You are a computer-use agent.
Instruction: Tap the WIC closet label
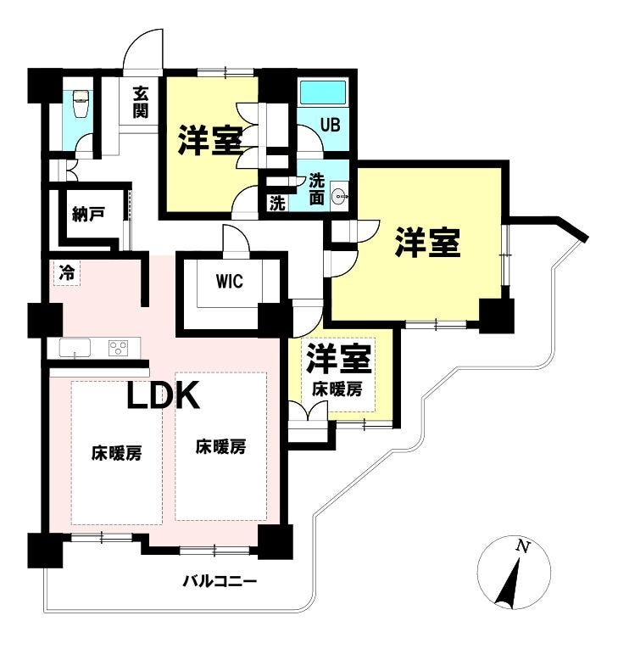pyautogui.click(x=230, y=281)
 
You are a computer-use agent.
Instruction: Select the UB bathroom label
pyautogui.click(x=330, y=124)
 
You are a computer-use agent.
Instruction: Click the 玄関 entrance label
pyautogui.click(x=141, y=102)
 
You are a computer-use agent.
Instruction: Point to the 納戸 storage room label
pyautogui.click(x=88, y=215)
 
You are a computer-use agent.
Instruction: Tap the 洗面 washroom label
pyautogui.click(x=316, y=187)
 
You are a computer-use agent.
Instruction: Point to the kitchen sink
pyautogui.click(x=75, y=348)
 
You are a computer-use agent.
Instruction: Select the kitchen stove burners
pyautogui.click(x=118, y=348)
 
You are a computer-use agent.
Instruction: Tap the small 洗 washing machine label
pyautogui.click(x=277, y=203)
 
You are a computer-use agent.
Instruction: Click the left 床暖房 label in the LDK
pyautogui.click(x=116, y=453)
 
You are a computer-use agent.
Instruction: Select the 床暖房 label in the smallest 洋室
pyautogui.click(x=337, y=389)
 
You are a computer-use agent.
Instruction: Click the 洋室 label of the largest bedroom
pyautogui.click(x=427, y=243)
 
